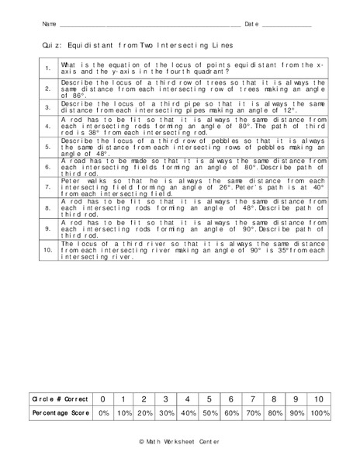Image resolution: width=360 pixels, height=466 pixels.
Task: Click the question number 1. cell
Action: (x=47, y=68)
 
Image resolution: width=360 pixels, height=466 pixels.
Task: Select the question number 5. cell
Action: (x=47, y=145)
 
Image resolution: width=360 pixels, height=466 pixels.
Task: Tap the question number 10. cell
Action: (x=47, y=250)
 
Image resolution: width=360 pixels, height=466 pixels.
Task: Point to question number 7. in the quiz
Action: (x=47, y=187)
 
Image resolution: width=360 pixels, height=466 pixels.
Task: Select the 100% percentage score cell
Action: (x=319, y=414)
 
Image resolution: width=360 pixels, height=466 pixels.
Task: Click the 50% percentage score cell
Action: (x=209, y=414)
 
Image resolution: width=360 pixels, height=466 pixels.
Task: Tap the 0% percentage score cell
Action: (x=102, y=414)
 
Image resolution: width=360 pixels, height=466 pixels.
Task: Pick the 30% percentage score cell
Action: (x=166, y=414)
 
